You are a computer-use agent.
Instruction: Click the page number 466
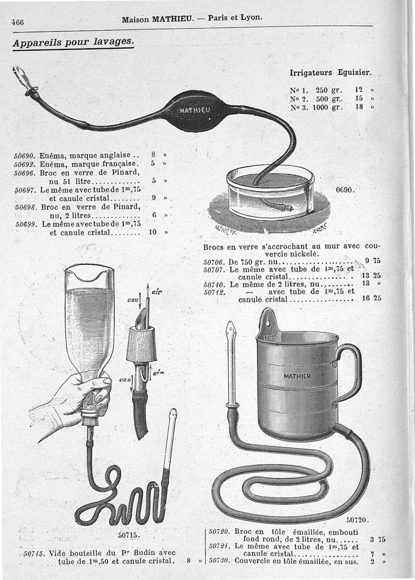coord(18,22)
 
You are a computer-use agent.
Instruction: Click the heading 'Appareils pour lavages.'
coord(73,42)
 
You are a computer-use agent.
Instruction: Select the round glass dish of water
coord(270,192)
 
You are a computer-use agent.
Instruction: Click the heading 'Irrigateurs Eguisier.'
coord(330,73)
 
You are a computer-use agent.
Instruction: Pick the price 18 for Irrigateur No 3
coord(359,107)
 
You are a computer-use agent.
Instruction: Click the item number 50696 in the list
coord(24,173)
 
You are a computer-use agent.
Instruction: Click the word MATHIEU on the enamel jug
coord(297,376)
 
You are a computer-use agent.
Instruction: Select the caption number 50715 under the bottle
coord(129,535)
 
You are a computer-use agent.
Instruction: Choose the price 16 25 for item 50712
coord(371,298)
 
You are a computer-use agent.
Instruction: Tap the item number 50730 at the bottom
coord(219,561)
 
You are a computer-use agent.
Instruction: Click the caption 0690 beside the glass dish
coord(345,190)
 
